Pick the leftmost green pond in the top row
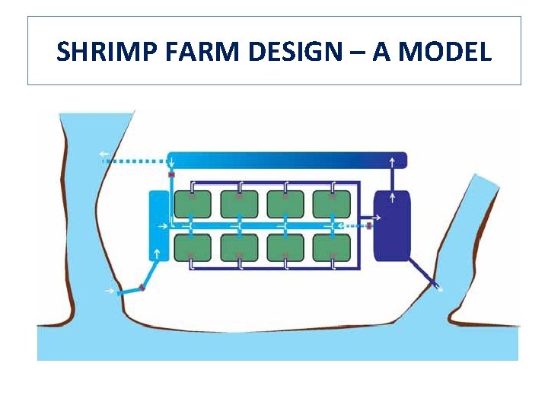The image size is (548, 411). (x=193, y=203)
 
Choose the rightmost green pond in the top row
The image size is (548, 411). (x=332, y=203)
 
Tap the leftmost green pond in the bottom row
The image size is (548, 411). (x=193, y=247)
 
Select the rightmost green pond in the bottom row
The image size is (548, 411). (x=332, y=247)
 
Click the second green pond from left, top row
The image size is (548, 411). (x=239, y=203)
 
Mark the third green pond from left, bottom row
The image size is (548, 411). (x=285, y=247)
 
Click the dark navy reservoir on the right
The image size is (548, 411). (x=392, y=225)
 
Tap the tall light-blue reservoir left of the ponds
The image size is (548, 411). (x=158, y=225)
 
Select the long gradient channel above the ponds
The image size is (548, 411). (x=286, y=160)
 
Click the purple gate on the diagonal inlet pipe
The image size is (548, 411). (x=142, y=288)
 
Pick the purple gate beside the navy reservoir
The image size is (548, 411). (x=369, y=225)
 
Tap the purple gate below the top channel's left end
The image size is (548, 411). (x=172, y=176)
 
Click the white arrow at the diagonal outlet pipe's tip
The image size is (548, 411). (x=438, y=287)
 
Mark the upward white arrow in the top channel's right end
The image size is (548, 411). (x=392, y=161)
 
